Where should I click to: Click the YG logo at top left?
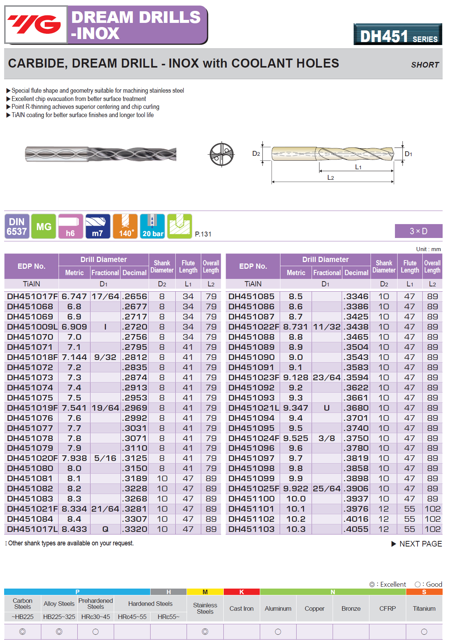(36, 25)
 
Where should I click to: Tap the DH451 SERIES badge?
(398, 35)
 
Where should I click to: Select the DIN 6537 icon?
(17, 226)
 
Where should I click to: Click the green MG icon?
(44, 226)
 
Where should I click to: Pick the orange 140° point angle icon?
(125, 226)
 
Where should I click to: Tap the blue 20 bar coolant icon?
(152, 226)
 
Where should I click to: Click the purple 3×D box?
(418, 231)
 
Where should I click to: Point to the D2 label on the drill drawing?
(256, 154)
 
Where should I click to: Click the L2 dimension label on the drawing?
(330, 178)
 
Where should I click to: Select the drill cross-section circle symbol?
(221, 154)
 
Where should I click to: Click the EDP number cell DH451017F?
(32, 297)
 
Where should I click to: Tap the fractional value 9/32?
(105, 357)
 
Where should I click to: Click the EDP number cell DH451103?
(252, 529)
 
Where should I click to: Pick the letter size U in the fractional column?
(327, 408)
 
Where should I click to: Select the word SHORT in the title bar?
(425, 65)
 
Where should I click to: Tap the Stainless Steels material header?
(205, 608)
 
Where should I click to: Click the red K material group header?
(241, 592)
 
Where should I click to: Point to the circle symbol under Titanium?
(424, 632)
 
